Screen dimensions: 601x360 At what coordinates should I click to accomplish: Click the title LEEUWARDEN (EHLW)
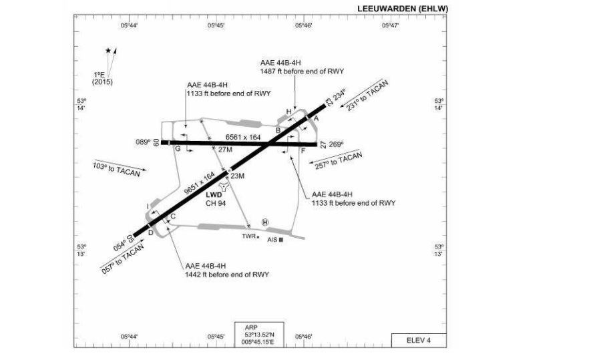click(x=403, y=9)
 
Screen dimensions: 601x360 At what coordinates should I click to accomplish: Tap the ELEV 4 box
click(x=419, y=341)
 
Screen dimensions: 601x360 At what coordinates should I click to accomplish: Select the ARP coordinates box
click(x=259, y=335)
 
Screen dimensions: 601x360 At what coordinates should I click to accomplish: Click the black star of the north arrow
click(x=108, y=51)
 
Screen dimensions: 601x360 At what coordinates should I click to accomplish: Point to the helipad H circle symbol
click(x=265, y=222)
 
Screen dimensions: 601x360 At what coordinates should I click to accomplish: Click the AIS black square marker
click(x=281, y=240)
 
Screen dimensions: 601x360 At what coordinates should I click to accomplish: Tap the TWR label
click(x=248, y=236)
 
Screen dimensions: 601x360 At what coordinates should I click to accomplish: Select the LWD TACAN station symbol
click(x=223, y=187)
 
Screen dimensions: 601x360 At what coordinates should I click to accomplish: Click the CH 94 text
click(x=216, y=203)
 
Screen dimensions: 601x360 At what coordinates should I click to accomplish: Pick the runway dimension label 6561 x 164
click(x=243, y=137)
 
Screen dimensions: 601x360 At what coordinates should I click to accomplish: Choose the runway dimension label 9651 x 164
click(x=199, y=183)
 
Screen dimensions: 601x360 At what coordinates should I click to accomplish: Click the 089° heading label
click(x=143, y=142)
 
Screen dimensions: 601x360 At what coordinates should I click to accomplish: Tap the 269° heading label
click(x=336, y=144)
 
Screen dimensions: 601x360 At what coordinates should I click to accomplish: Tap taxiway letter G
click(x=178, y=149)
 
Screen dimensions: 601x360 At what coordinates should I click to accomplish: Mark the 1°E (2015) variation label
click(x=102, y=78)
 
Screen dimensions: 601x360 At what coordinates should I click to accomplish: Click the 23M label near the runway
click(x=237, y=176)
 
